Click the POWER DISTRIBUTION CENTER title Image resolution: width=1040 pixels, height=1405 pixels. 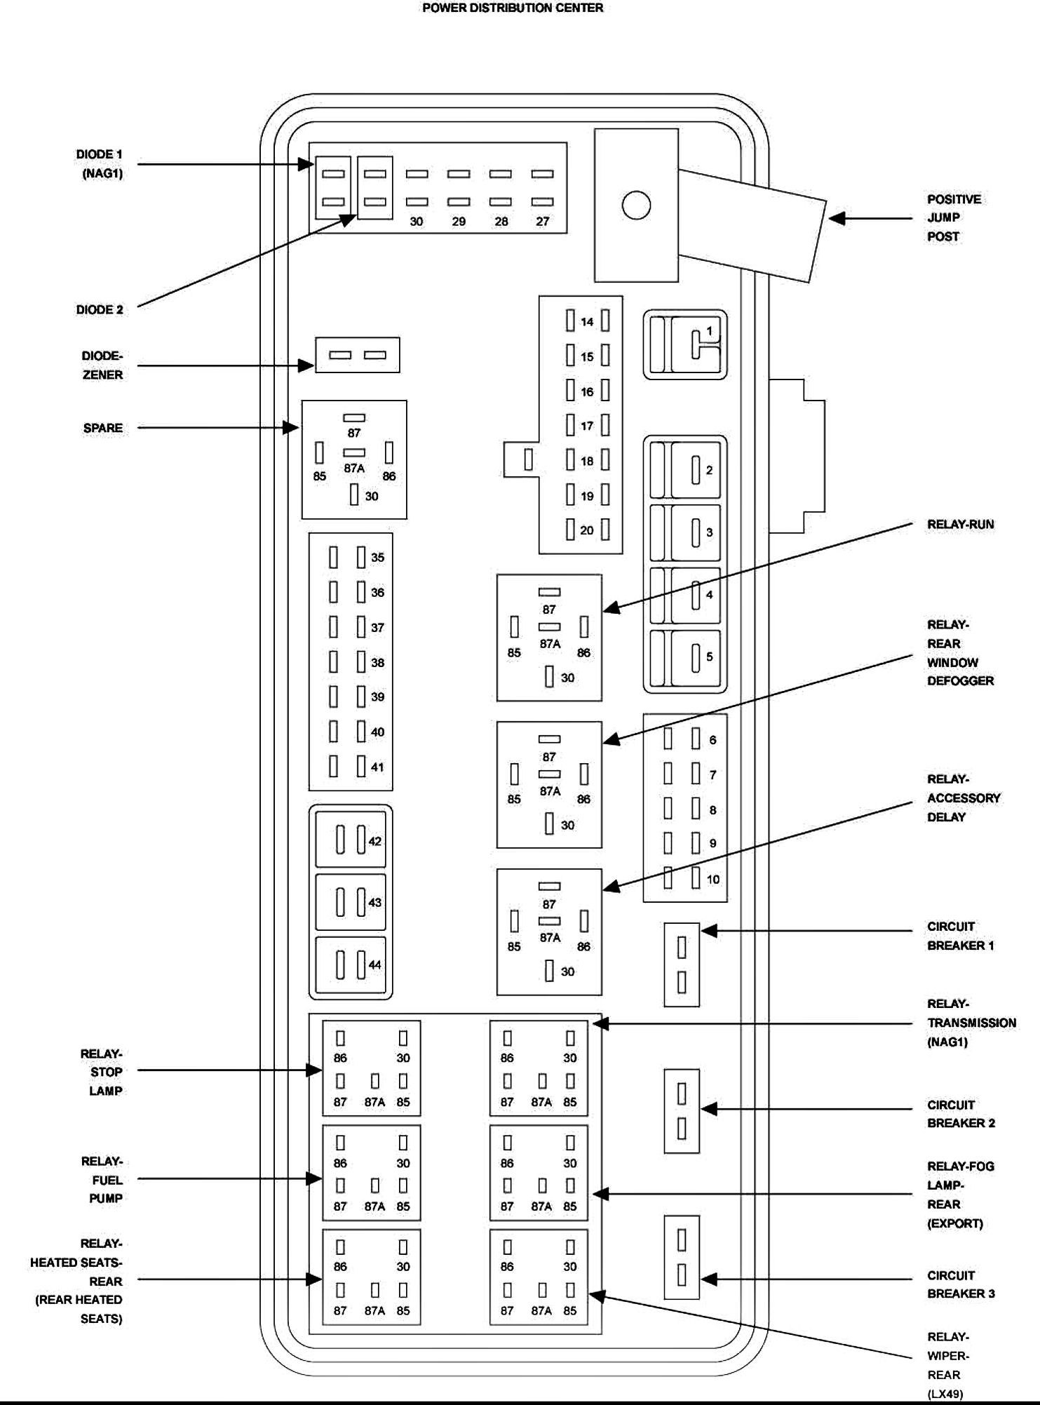[513, 8]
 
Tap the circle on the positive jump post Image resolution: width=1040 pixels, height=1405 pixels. [636, 206]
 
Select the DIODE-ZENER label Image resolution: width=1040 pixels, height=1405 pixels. [102, 365]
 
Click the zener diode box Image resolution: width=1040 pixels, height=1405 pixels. [358, 355]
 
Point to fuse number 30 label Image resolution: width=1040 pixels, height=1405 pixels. [417, 222]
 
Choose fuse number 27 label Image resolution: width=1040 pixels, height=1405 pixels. [543, 222]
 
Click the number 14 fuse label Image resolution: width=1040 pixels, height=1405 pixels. [587, 322]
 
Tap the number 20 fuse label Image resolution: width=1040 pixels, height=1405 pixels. [587, 530]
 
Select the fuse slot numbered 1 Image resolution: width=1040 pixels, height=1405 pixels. [685, 344]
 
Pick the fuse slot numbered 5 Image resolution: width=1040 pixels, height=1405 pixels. [685, 658]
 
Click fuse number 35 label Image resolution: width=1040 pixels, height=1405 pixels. [377, 558]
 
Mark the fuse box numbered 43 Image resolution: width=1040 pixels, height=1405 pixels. [351, 902]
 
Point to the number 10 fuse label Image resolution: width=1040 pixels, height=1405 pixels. [713, 880]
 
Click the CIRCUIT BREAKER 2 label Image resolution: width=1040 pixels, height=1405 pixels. [961, 1114]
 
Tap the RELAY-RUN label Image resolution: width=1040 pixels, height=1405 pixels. [960, 525]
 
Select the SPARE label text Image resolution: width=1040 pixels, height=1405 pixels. [103, 428]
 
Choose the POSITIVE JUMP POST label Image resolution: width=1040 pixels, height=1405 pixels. [954, 218]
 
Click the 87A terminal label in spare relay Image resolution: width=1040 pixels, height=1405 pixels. [354, 469]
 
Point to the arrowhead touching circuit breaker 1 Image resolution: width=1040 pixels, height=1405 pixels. [709, 931]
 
